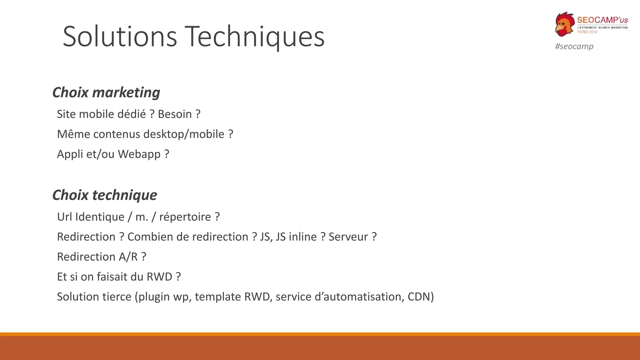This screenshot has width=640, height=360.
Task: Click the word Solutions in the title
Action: pyautogui.click(x=120, y=37)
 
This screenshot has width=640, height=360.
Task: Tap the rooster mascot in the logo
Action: pyautogui.click(x=565, y=24)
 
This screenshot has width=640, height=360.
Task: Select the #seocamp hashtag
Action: pyautogui.click(x=574, y=46)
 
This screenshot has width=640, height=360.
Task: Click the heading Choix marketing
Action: pyautogui.click(x=106, y=92)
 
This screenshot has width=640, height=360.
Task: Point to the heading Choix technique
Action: pyautogui.click(x=104, y=195)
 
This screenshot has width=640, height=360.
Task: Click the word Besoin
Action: pyautogui.click(x=175, y=114)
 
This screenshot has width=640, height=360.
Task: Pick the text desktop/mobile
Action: pyautogui.click(x=184, y=134)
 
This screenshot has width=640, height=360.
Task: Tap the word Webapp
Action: pyautogui.click(x=139, y=154)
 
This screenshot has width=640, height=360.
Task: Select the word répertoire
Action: pyautogui.click(x=185, y=217)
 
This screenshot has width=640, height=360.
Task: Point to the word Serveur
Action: pyautogui.click(x=348, y=237)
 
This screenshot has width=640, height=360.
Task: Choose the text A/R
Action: pyautogui.click(x=128, y=257)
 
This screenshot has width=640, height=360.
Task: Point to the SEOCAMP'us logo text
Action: pyautogui.click(x=602, y=20)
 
